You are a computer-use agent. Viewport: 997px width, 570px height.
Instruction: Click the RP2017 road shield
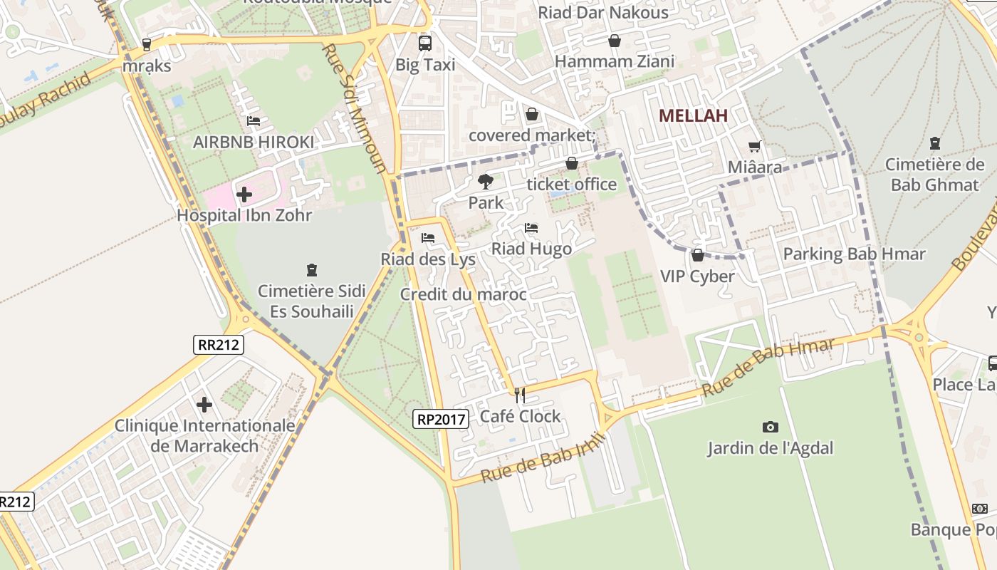click(441, 419)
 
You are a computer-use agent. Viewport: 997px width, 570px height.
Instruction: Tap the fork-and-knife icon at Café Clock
click(520, 395)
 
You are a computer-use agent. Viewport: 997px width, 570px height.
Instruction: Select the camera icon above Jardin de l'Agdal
click(770, 427)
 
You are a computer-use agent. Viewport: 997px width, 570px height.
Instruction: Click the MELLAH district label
click(693, 115)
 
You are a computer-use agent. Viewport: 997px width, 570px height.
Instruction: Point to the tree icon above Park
click(486, 182)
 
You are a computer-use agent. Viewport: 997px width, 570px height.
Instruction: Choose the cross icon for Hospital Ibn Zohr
click(244, 194)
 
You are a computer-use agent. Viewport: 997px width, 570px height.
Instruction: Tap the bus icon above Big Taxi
click(425, 43)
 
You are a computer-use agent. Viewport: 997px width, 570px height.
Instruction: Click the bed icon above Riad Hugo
click(531, 228)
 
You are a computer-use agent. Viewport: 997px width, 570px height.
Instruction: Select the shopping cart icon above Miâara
click(755, 147)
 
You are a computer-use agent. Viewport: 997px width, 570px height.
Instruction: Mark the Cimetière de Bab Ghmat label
click(934, 175)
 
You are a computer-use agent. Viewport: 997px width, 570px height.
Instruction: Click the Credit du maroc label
click(463, 294)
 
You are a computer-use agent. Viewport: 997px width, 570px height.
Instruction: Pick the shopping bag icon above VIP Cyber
click(698, 254)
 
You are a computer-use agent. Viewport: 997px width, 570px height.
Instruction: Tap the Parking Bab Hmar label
click(854, 254)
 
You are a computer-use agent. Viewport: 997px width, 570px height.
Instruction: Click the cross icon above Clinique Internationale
click(204, 405)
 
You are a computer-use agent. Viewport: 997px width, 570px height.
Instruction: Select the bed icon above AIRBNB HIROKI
click(253, 121)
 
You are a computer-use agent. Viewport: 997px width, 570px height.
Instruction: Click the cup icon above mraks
click(147, 44)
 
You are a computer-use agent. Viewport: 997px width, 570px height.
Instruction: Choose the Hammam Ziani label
click(614, 61)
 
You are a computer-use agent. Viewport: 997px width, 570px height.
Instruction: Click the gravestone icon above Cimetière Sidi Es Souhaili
click(311, 270)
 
